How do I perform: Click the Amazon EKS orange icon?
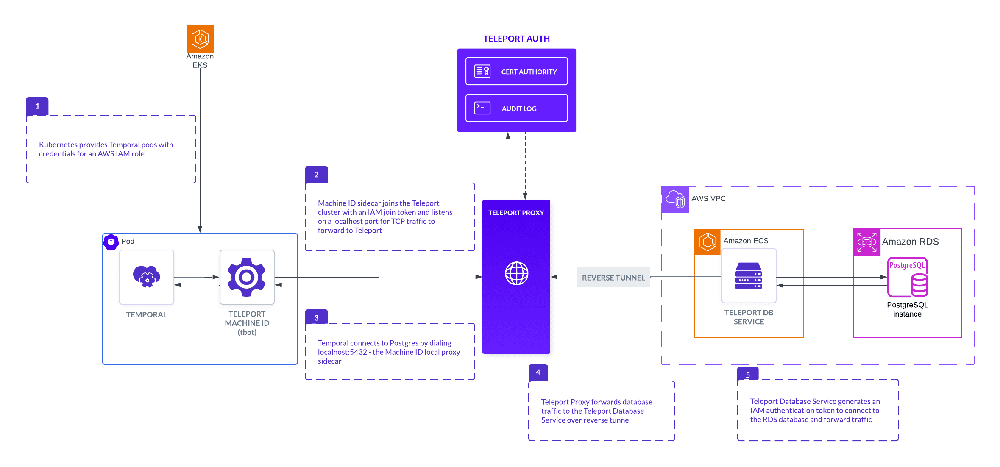[200, 39]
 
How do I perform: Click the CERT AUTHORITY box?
[516, 72]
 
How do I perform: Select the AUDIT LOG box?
[516, 108]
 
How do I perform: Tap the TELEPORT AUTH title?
[516, 39]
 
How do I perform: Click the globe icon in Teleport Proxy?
[516, 273]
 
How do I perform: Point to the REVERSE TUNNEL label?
[613, 278]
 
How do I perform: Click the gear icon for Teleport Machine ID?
[247, 277]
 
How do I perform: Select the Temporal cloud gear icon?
[147, 277]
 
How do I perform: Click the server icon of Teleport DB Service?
[749, 276]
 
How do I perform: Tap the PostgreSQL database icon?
[908, 277]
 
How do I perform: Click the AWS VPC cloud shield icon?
[675, 199]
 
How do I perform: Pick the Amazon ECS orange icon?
[708, 242]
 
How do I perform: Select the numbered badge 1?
[37, 106]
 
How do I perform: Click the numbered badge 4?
[538, 372]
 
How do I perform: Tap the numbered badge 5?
[748, 375]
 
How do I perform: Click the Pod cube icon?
[111, 242]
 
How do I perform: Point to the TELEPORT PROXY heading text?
[516, 213]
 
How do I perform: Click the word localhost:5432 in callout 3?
[342, 352]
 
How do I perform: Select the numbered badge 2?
[316, 175]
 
